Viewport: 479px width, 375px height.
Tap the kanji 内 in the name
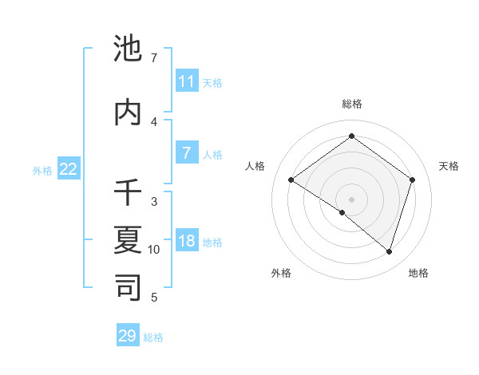[x=129, y=112]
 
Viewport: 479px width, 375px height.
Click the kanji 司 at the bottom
[x=129, y=286]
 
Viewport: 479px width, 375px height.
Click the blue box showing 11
[x=187, y=81]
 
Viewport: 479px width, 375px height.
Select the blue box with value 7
[x=187, y=153]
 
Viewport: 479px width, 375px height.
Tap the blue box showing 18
[x=187, y=242]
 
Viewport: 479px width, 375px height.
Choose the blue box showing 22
[x=69, y=169]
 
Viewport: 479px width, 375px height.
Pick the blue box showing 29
[x=128, y=336]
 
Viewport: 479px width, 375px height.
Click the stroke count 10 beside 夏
[x=154, y=250]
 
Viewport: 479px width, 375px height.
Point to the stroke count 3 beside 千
[x=154, y=202]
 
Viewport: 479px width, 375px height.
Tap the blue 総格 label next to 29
[x=153, y=337]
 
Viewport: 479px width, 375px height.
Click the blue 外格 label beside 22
[x=42, y=170]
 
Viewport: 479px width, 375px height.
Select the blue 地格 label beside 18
[x=213, y=243]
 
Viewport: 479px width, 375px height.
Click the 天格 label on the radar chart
[x=449, y=166]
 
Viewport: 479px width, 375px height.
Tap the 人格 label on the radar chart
[x=255, y=166]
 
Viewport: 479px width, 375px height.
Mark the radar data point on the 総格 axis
[x=351, y=136]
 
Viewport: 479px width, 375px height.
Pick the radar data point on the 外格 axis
[x=342, y=213]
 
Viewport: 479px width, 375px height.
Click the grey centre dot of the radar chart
[x=351, y=199]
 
